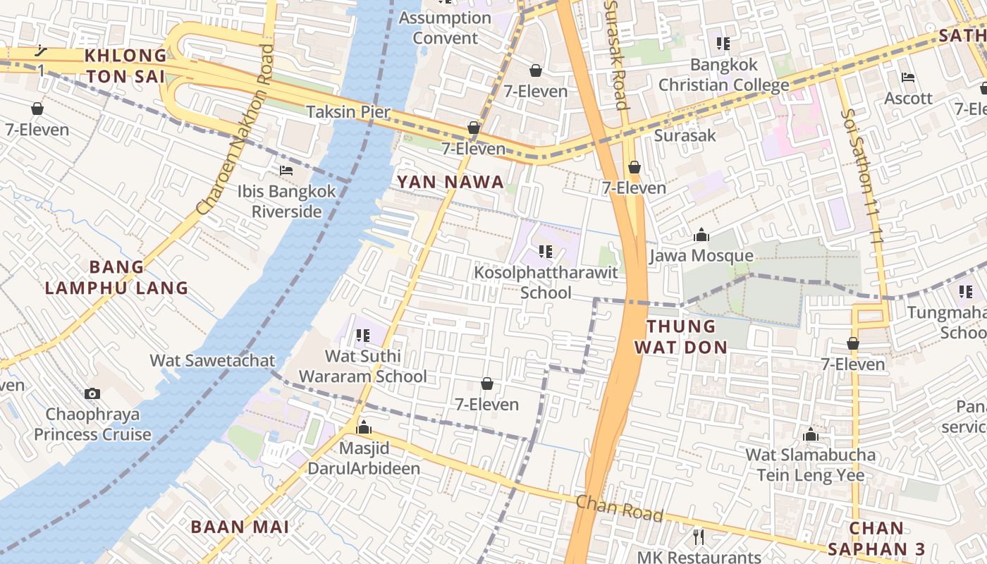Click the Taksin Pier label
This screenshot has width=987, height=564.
[348, 111]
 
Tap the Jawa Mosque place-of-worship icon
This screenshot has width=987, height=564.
[701, 235]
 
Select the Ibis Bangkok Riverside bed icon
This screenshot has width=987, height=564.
[286, 171]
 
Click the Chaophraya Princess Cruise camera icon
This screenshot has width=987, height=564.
[92, 393]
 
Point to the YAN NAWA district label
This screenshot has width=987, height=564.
[450, 182]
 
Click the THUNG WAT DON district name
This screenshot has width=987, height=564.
[681, 336]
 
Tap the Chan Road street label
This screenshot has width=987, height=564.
[620, 509]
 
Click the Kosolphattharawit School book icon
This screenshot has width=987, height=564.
[545, 251]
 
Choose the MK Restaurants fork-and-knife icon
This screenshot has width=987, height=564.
[699, 537]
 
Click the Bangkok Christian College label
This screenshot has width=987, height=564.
[724, 75]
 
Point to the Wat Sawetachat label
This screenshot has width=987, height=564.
[212, 361]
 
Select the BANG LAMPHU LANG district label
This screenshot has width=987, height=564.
[116, 277]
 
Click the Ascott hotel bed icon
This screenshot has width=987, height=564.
[908, 78]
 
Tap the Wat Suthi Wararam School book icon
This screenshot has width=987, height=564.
[363, 336]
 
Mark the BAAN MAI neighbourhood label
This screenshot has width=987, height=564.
[240, 527]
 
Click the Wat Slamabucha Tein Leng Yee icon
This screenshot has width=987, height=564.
[811, 434]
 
